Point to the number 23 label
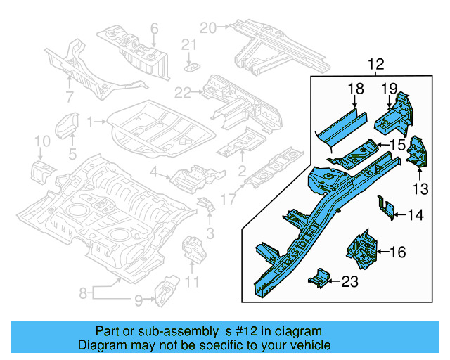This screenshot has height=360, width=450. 349,282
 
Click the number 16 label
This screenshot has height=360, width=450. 397,251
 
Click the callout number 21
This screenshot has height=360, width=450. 188,45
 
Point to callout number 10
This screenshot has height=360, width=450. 42,143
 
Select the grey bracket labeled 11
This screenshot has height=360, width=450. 192,250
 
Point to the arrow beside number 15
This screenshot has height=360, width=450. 381,146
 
